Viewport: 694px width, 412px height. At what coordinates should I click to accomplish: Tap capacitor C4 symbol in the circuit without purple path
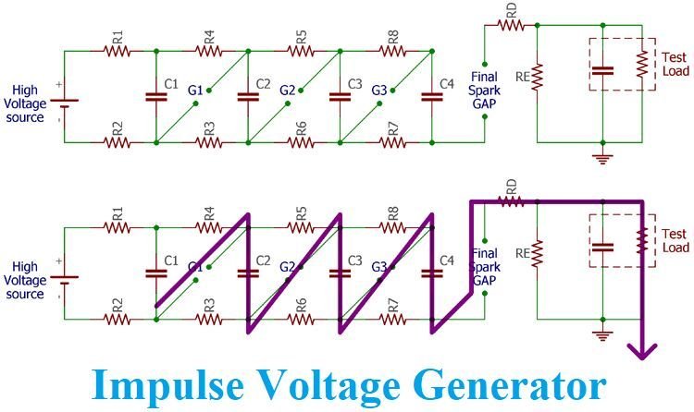[x=428, y=96]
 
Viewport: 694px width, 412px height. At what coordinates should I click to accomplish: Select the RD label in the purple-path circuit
[x=511, y=188]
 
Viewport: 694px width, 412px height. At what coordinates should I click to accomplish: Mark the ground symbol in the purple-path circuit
[x=602, y=334]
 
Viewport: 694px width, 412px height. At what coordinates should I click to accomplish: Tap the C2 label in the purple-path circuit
[x=263, y=260]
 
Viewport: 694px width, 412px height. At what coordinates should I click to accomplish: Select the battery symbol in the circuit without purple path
[x=65, y=97]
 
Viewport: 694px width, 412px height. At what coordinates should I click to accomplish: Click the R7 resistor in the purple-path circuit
[x=394, y=319]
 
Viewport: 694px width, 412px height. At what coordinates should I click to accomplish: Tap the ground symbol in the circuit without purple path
[x=602, y=158]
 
